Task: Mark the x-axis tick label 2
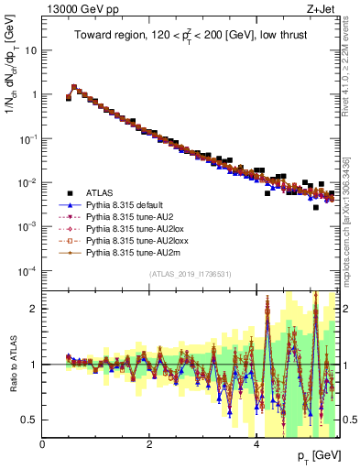(x=149, y=445)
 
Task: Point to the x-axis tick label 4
(x=256, y=445)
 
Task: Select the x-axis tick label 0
(x=42, y=445)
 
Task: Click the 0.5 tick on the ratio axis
(x=32, y=420)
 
